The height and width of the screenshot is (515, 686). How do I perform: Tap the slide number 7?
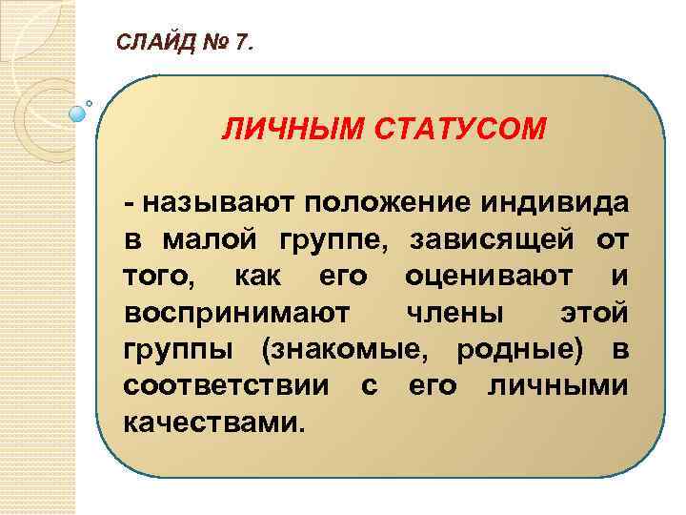click(x=244, y=42)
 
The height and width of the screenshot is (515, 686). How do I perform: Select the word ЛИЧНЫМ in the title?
click(x=279, y=128)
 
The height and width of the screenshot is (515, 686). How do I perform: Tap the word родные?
click(x=517, y=350)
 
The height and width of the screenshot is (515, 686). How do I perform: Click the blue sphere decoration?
click(x=78, y=112)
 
